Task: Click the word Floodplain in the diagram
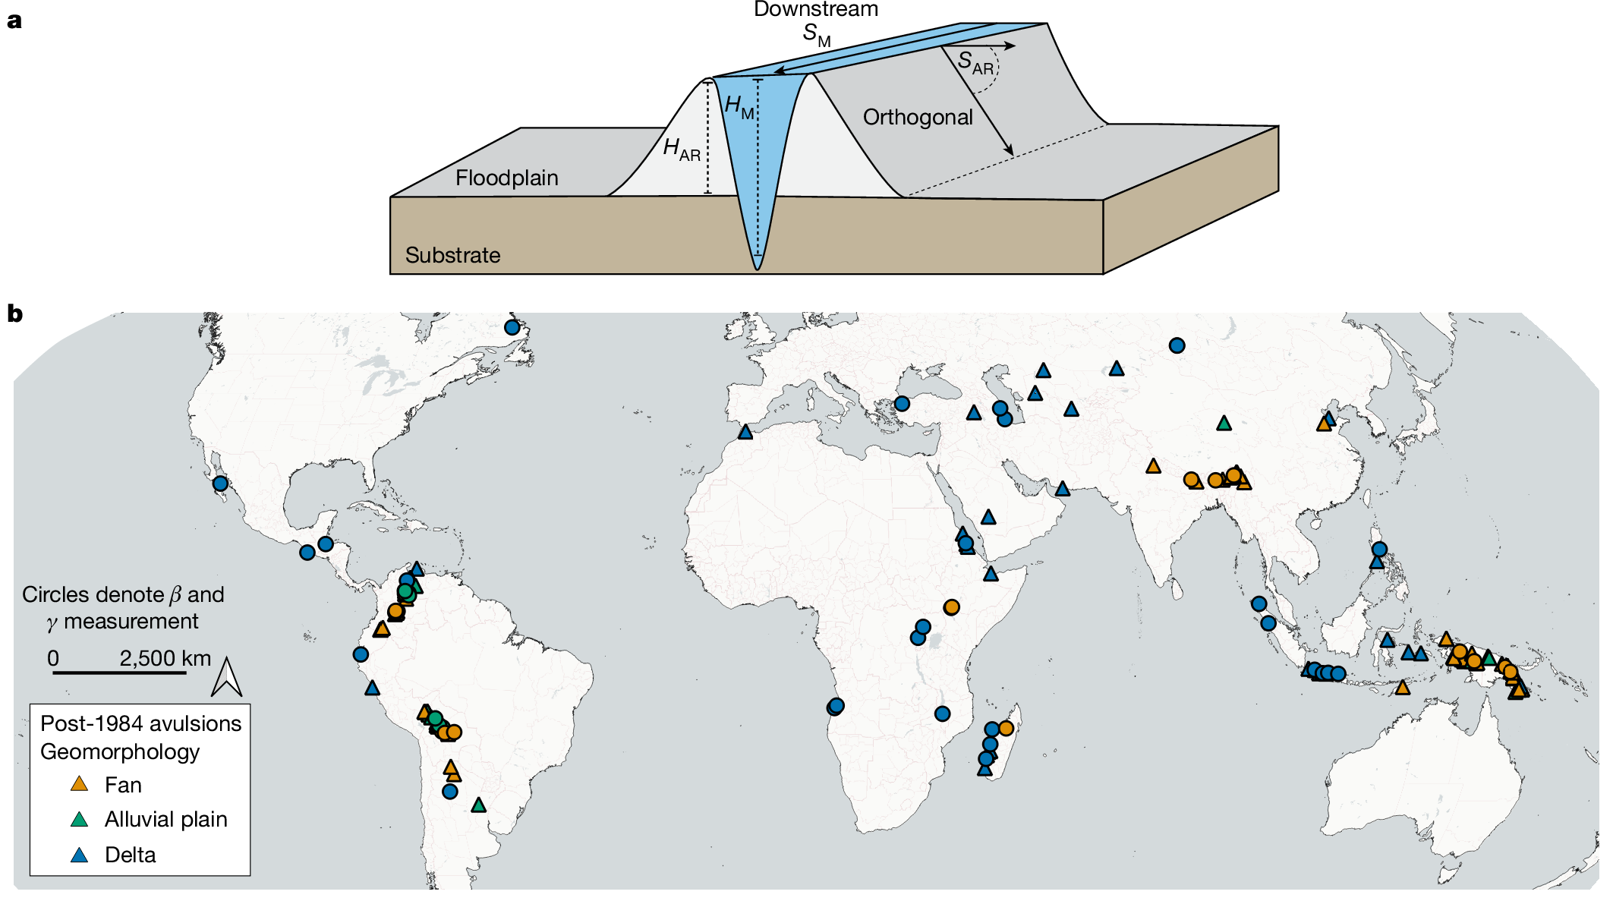click(506, 178)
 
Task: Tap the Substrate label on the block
click(452, 255)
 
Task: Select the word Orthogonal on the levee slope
click(917, 117)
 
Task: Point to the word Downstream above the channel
click(815, 10)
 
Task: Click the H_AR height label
click(681, 149)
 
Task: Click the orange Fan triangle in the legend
click(79, 784)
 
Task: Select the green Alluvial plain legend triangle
click(79, 819)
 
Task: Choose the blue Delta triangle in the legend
click(79, 855)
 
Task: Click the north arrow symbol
click(226, 677)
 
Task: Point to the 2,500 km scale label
click(165, 658)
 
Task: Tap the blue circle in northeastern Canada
click(512, 327)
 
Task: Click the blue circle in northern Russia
click(1177, 345)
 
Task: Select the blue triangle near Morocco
click(745, 432)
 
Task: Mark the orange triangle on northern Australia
click(1402, 688)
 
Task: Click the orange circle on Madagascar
click(1006, 728)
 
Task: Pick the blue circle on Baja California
click(220, 484)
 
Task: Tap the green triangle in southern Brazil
click(478, 805)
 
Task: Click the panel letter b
click(14, 313)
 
